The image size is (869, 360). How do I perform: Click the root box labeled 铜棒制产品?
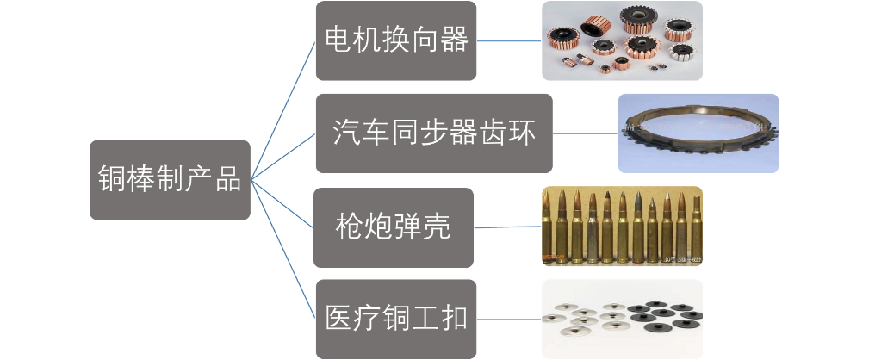pos(171,179)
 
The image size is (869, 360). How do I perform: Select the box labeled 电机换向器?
pos(395,40)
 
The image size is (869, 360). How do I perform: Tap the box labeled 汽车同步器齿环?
pos(433,133)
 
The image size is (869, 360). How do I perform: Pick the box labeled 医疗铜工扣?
pos(395,319)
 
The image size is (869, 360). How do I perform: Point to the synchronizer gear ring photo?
pos(698,133)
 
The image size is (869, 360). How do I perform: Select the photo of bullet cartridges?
pos(621,226)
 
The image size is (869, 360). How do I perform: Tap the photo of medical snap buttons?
pos(621,318)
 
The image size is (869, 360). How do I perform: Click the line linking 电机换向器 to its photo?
pos(508,40)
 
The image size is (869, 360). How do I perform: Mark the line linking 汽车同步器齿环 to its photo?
pos(585,133)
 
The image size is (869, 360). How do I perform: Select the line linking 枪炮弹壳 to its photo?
pos(507,227)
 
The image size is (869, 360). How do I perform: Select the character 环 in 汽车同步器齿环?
pos(522,134)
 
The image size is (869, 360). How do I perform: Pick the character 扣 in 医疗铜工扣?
pos(453,319)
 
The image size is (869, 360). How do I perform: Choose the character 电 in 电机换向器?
pos(337,40)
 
